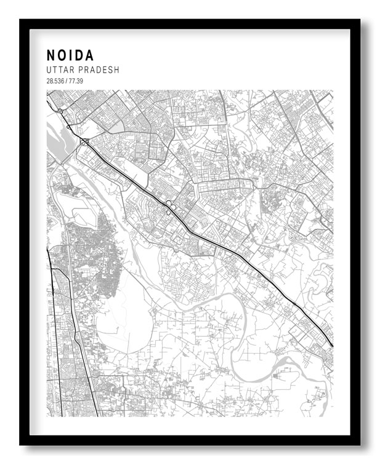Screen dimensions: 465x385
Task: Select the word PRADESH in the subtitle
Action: point(99,70)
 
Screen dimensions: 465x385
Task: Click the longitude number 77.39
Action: point(76,81)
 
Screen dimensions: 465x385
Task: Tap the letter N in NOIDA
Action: point(51,55)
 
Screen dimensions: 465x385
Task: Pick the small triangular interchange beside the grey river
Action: point(84,142)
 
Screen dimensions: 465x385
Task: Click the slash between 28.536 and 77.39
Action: point(68,81)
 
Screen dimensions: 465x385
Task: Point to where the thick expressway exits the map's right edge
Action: point(332,345)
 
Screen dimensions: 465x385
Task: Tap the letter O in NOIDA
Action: point(62,55)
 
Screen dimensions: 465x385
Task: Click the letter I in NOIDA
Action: point(70,55)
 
